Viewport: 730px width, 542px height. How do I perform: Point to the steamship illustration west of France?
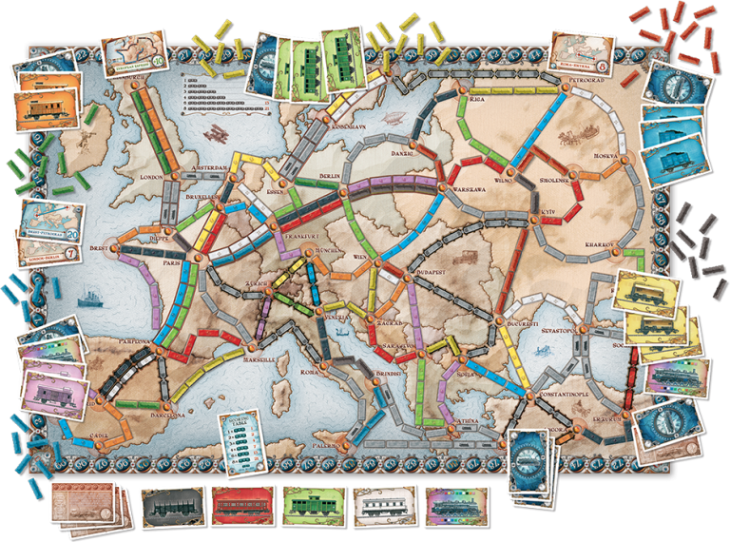87,299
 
